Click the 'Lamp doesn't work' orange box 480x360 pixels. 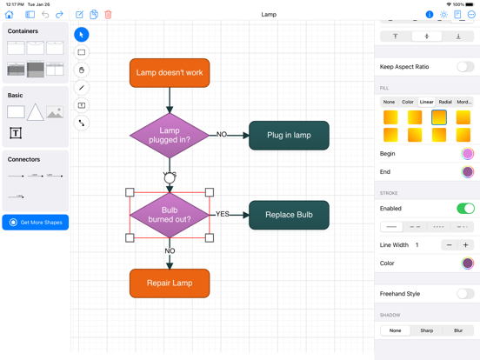pos(170,73)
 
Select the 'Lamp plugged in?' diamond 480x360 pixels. pos(170,135)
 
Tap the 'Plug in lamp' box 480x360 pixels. pos(289,136)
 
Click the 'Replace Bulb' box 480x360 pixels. pos(289,215)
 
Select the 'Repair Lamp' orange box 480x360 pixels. pos(170,283)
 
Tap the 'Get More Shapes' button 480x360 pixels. pos(36,223)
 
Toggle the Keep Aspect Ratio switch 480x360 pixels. pos(465,67)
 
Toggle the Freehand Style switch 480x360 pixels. pos(465,294)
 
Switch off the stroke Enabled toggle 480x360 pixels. pos(465,209)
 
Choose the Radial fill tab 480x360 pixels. pos(445,102)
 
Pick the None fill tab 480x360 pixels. pos(389,102)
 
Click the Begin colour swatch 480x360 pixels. pos(468,154)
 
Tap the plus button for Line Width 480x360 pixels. pos(465,245)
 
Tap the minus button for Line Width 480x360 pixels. pos(449,245)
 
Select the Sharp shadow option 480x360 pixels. pos(426,330)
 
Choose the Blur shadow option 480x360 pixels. pos(458,330)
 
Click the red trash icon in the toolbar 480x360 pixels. pos(109,15)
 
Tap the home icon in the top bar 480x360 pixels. pos(10,15)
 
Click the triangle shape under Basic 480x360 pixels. pos(35,112)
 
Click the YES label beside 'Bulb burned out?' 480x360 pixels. pos(223,214)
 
